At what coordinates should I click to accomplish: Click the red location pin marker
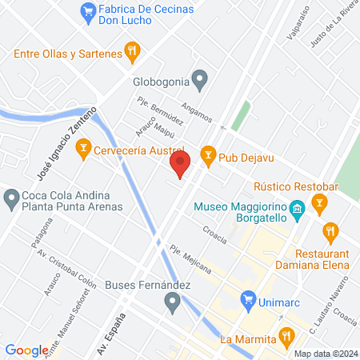tap(180, 166)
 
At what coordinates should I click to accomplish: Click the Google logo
tap(27, 350)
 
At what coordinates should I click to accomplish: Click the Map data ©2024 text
tap(324, 353)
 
